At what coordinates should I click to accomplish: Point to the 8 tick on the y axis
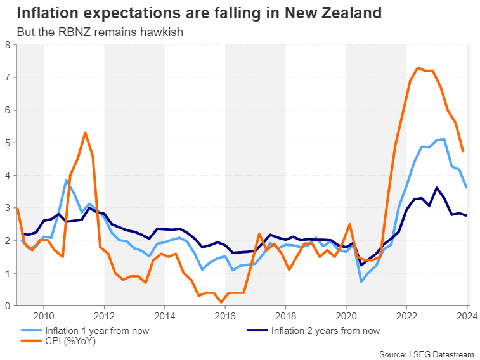click(7, 45)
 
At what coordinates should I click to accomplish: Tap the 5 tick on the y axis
click(7, 143)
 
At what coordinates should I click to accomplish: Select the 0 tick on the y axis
click(7, 305)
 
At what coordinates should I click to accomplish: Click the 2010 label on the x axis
click(43, 316)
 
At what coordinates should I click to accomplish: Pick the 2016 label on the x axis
click(225, 316)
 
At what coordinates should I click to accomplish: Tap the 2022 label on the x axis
click(406, 316)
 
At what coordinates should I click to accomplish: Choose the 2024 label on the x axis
click(467, 316)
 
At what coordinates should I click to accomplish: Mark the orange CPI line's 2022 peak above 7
click(417, 67)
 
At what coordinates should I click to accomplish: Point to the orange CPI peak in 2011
click(85, 132)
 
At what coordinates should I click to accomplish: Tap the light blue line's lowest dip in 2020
click(361, 281)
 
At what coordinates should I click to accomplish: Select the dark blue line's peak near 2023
click(436, 188)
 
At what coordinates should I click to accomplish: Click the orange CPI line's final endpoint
click(463, 151)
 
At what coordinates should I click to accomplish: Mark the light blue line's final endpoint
click(467, 188)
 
